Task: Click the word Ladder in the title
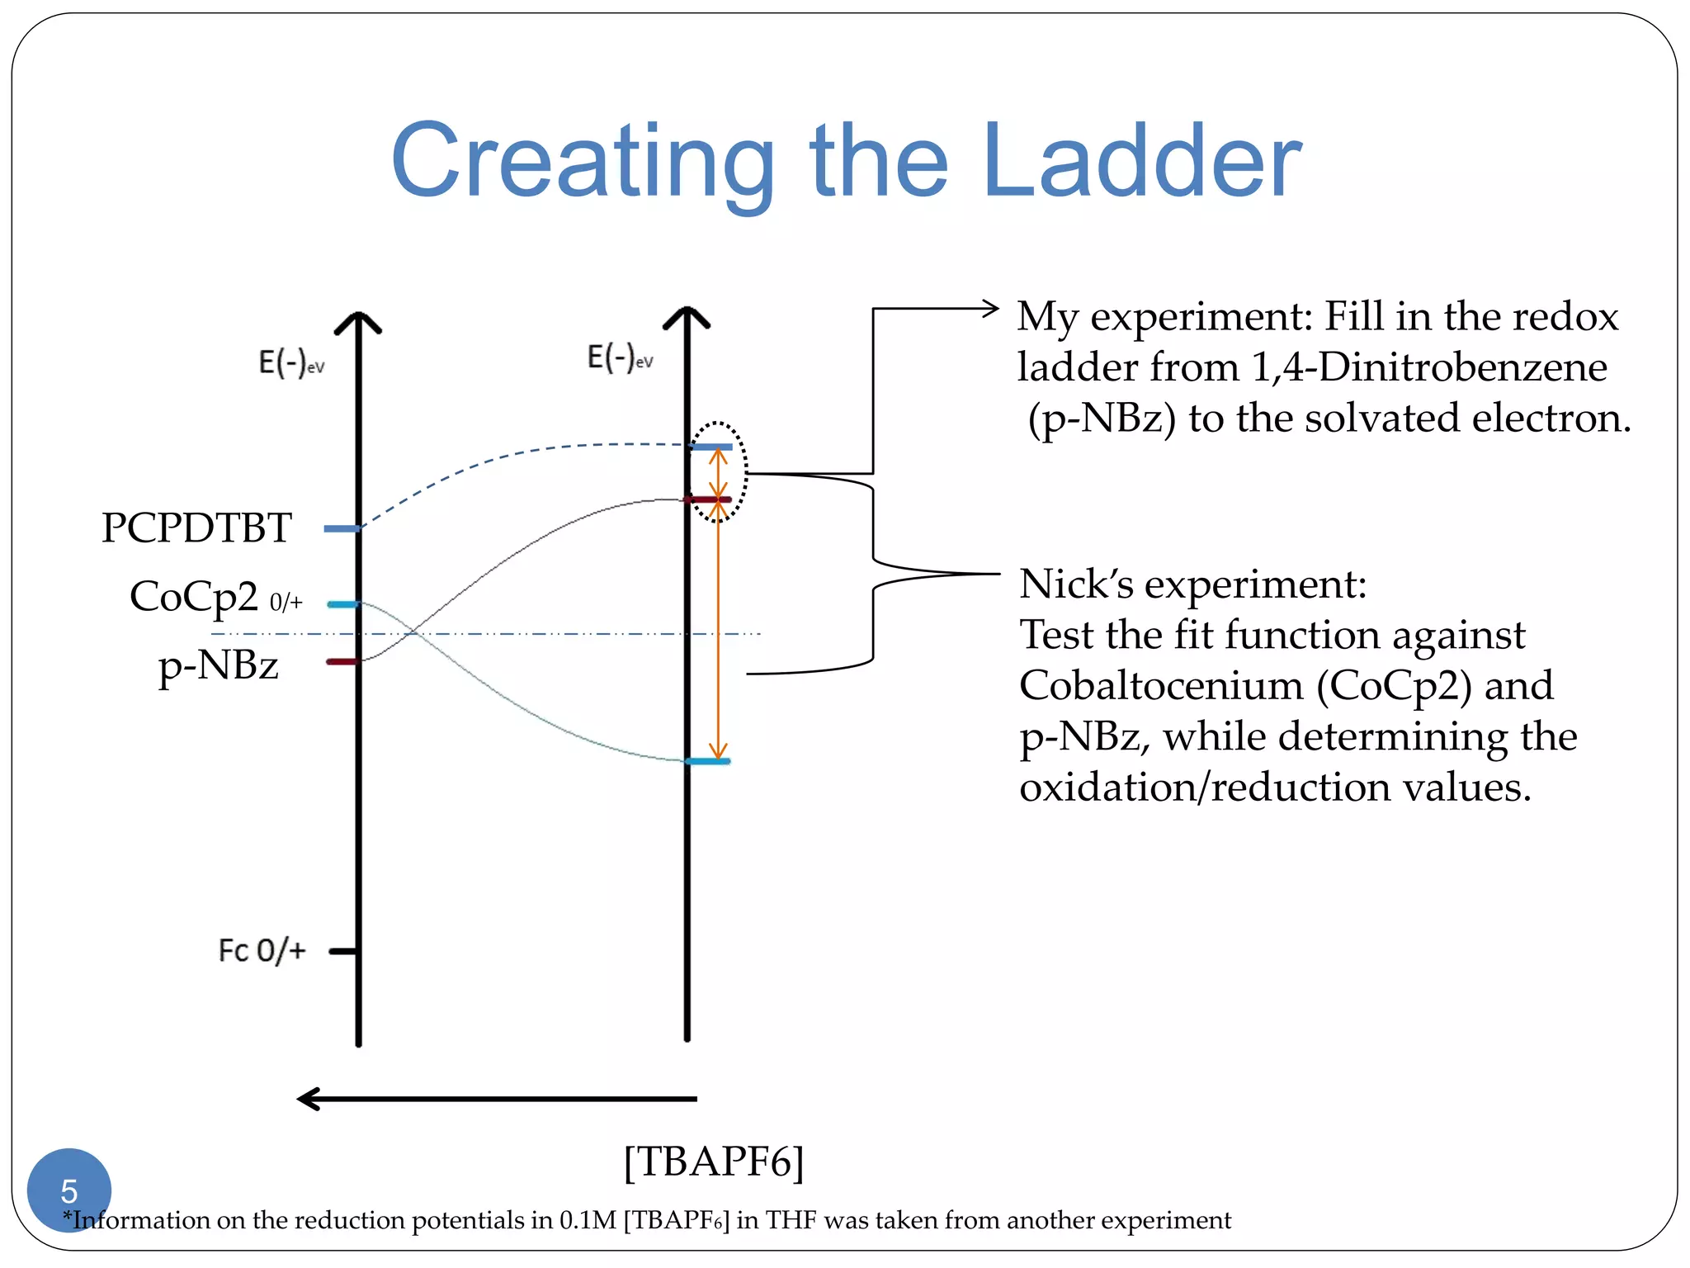pyautogui.click(x=1142, y=161)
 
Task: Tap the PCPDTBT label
pyautogui.click(x=196, y=528)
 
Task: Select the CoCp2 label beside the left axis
pyautogui.click(x=195, y=596)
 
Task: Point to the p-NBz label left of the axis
pyautogui.click(x=219, y=665)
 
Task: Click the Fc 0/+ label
pyautogui.click(x=262, y=951)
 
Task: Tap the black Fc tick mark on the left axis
pyautogui.click(x=342, y=951)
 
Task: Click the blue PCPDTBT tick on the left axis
pyautogui.click(x=341, y=528)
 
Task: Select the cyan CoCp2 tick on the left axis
pyautogui.click(x=342, y=604)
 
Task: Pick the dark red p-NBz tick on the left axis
pyautogui.click(x=342, y=661)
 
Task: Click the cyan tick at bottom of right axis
pyautogui.click(x=709, y=761)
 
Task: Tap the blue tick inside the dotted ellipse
pyautogui.click(x=712, y=447)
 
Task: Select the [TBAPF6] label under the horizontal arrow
pyautogui.click(x=714, y=1161)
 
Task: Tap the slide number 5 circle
pyautogui.click(x=69, y=1190)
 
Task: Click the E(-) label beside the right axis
pyautogui.click(x=620, y=357)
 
